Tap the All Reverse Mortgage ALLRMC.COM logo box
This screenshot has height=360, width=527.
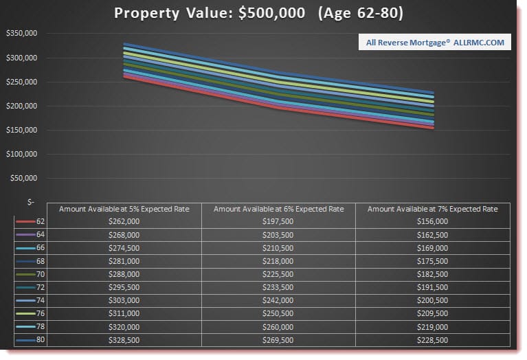[436, 43]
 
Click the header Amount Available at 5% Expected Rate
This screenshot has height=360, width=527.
[124, 209]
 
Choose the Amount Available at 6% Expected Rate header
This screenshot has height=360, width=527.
[278, 209]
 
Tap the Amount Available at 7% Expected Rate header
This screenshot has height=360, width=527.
[432, 209]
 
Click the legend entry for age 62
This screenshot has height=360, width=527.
[30, 221]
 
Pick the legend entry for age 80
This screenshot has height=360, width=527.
[30, 340]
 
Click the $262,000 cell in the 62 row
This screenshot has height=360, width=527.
[124, 221]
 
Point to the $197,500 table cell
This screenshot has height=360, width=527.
[278, 221]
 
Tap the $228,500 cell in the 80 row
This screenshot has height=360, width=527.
[432, 340]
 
